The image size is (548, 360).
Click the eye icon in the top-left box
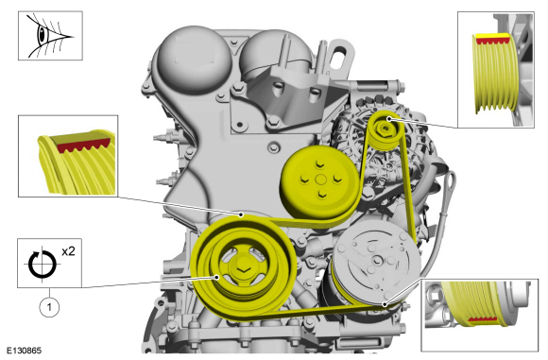(x=43, y=35)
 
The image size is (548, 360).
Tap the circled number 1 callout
(x=49, y=307)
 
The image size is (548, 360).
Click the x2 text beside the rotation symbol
(x=68, y=251)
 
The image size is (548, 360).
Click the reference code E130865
(x=25, y=351)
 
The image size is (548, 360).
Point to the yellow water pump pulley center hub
(x=320, y=180)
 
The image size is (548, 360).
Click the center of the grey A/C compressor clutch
(x=377, y=261)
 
